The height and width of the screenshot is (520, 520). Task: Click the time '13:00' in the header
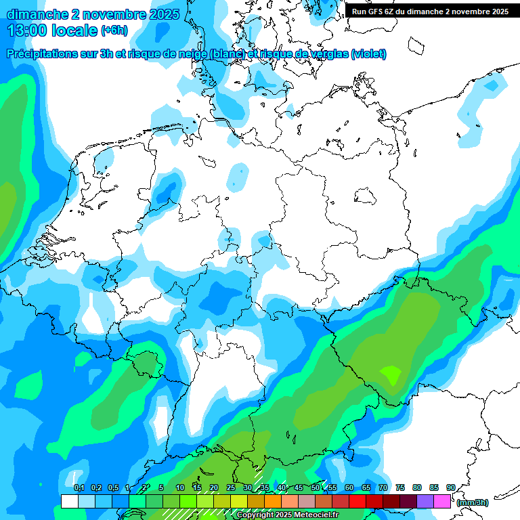30,30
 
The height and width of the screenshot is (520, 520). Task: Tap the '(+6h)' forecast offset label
114,30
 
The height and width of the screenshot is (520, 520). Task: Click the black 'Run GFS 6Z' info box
430,12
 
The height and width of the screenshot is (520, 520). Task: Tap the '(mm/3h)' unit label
473,502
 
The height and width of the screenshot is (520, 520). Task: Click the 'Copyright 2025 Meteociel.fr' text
288,515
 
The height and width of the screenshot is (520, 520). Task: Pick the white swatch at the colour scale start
69,501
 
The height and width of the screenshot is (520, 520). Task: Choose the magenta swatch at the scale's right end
442,501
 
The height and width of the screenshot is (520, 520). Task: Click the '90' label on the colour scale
450,487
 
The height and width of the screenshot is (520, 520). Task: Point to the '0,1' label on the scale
79,487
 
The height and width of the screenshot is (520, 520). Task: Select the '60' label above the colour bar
349,487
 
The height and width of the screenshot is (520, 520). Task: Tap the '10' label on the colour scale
180,487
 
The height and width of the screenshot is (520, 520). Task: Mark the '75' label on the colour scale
399,487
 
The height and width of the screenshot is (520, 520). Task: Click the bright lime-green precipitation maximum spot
391,373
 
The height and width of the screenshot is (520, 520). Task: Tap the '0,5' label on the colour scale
112,487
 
